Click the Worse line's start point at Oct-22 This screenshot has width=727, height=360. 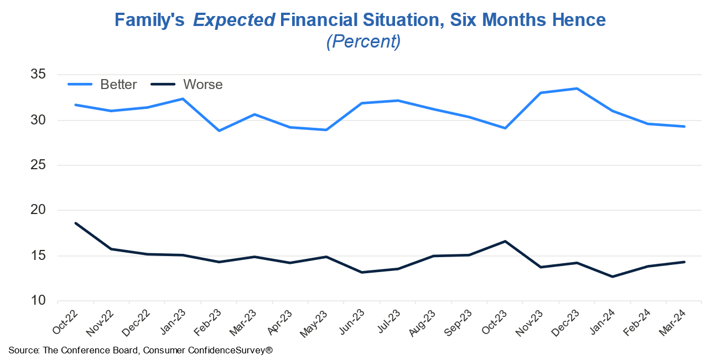(x=75, y=223)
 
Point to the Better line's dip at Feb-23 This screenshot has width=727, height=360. (x=219, y=131)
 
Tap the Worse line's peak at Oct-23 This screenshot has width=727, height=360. (x=505, y=241)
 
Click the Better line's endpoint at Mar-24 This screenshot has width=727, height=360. (x=684, y=127)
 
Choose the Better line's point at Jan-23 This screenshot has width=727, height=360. (x=183, y=99)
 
